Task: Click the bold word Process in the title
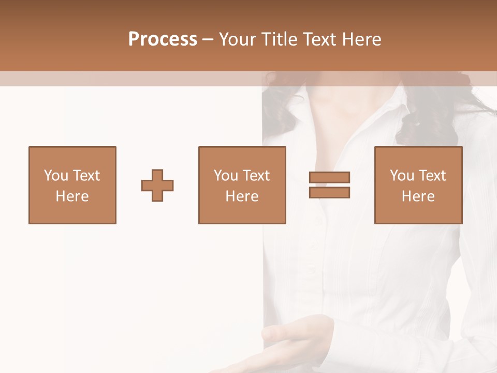point(163,39)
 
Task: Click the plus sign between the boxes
point(157,185)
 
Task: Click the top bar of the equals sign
point(329,178)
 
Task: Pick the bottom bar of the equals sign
point(329,192)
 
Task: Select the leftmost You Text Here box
point(72,185)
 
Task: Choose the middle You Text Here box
point(242,185)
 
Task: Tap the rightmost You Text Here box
point(418,185)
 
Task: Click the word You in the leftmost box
point(56,176)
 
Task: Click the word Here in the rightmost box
point(418,196)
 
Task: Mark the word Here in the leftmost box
point(72,196)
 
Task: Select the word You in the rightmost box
point(402,176)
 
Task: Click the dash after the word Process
point(208,39)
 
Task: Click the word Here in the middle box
point(242,196)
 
